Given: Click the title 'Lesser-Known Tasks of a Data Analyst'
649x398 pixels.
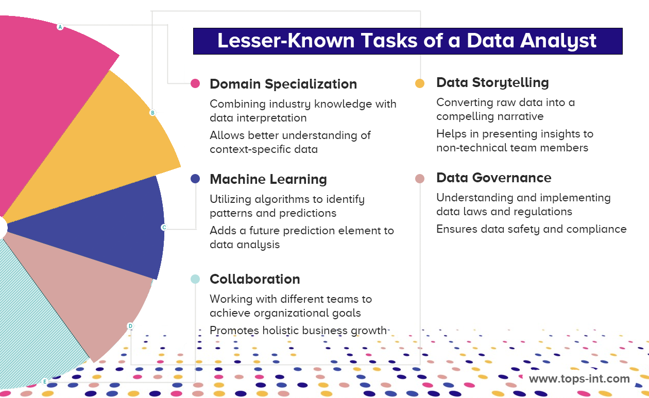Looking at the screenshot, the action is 407,41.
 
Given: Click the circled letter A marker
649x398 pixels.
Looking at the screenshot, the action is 60,27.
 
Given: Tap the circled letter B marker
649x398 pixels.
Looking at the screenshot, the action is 152,113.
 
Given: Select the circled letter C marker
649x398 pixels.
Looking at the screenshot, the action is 164,228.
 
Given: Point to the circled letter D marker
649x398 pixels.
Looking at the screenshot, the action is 130,326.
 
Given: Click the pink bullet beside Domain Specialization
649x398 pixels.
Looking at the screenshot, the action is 195,83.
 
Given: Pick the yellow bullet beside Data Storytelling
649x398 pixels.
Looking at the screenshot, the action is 420,83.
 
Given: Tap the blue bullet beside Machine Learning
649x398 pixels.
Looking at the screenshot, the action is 195,179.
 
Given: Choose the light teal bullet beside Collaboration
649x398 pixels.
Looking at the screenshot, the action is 195,279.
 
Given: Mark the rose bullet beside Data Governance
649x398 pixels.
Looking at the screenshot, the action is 420,179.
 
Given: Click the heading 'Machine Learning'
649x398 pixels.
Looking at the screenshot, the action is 268,179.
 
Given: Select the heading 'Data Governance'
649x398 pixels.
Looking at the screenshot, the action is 493,178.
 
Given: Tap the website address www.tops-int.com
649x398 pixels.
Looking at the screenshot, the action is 579,378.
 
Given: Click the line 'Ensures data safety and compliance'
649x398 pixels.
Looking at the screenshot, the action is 532,229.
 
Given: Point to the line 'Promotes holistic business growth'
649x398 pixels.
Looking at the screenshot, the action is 298,331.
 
